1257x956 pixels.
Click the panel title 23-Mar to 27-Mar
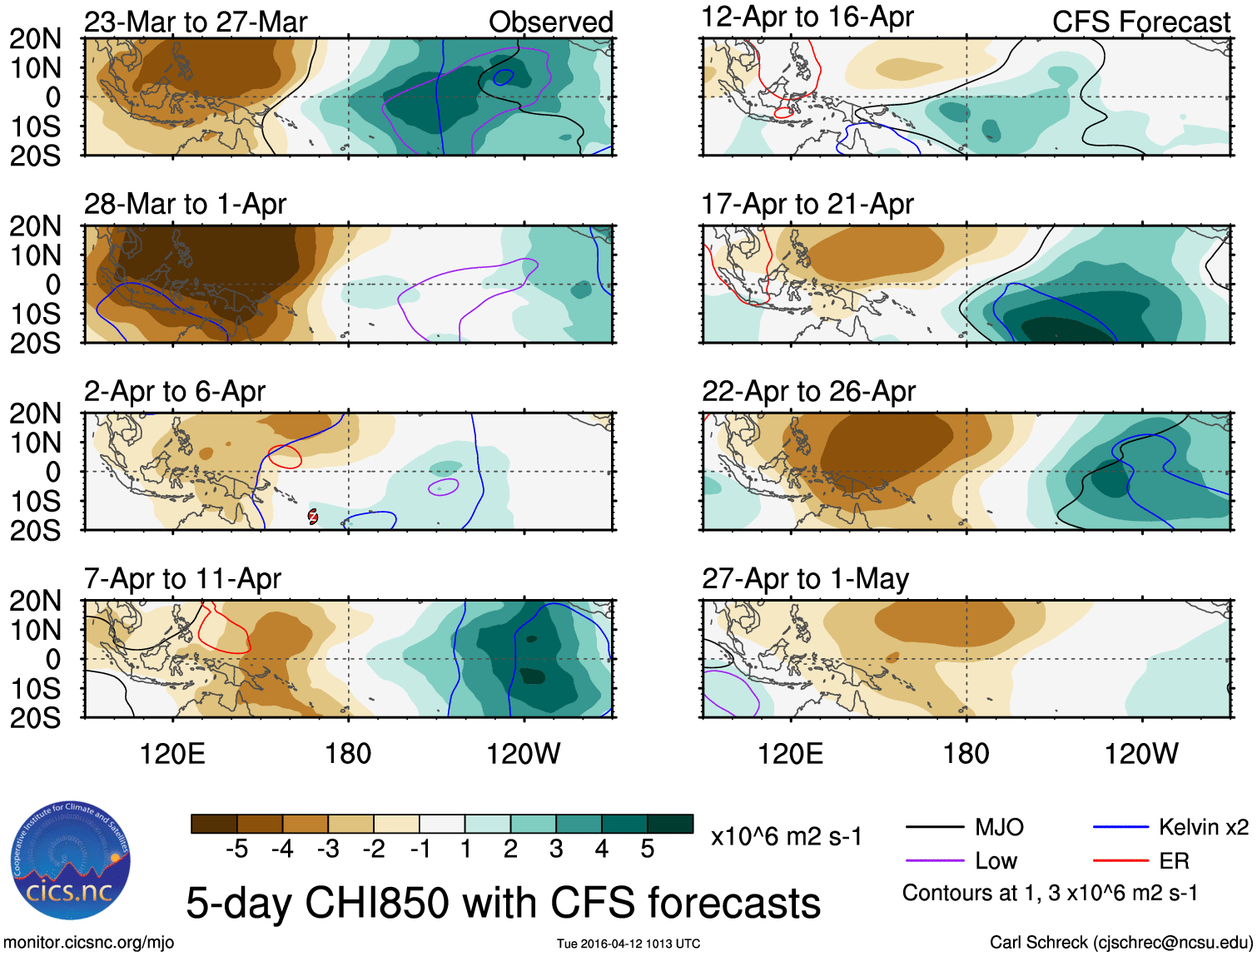click(196, 22)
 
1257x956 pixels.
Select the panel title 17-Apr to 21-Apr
click(807, 204)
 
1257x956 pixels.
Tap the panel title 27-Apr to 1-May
click(805, 578)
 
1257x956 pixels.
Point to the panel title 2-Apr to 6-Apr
click(175, 391)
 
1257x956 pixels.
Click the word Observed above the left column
click(550, 22)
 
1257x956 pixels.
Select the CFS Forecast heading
click(1140, 22)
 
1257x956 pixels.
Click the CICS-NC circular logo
click(71, 861)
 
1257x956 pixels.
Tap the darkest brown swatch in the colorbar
click(214, 824)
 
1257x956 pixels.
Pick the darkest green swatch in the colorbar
click(670, 824)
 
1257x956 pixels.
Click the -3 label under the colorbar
click(328, 850)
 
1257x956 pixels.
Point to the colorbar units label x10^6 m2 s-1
click(786, 836)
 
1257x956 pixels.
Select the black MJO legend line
click(934, 827)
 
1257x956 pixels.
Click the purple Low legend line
click(934, 861)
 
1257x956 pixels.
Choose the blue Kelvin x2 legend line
click(1120, 827)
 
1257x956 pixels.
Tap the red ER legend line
click(1120, 861)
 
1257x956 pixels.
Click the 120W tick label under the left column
click(523, 754)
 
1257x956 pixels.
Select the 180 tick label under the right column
click(966, 754)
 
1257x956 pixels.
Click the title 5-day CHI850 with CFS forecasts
click(503, 903)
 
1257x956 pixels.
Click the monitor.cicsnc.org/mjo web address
click(89, 942)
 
